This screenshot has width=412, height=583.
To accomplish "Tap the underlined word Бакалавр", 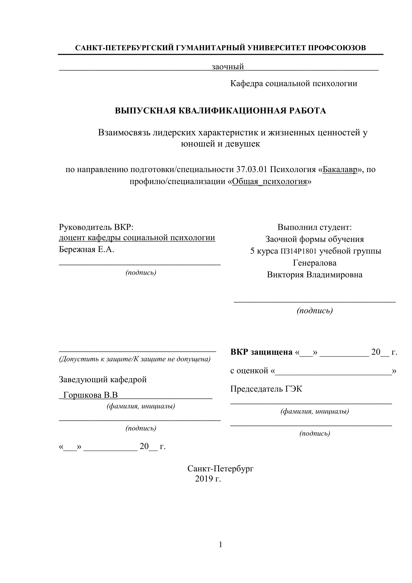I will pos(340,169).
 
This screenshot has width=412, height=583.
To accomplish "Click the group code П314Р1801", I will pos(298,251).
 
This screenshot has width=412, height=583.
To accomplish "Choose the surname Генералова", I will pos(315,263).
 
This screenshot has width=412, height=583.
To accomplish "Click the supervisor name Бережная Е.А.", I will pos(86,249).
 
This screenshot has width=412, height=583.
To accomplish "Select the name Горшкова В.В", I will pos(91,395).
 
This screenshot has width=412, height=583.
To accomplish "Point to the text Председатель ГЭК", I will pos(266,389).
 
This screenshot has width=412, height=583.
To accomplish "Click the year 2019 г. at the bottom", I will pos(208,479).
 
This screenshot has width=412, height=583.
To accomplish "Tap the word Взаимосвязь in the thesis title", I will pos(124,133).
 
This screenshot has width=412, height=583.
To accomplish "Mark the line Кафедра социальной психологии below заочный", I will pos(293,83).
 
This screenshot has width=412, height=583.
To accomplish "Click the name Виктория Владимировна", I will pos(315,275).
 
